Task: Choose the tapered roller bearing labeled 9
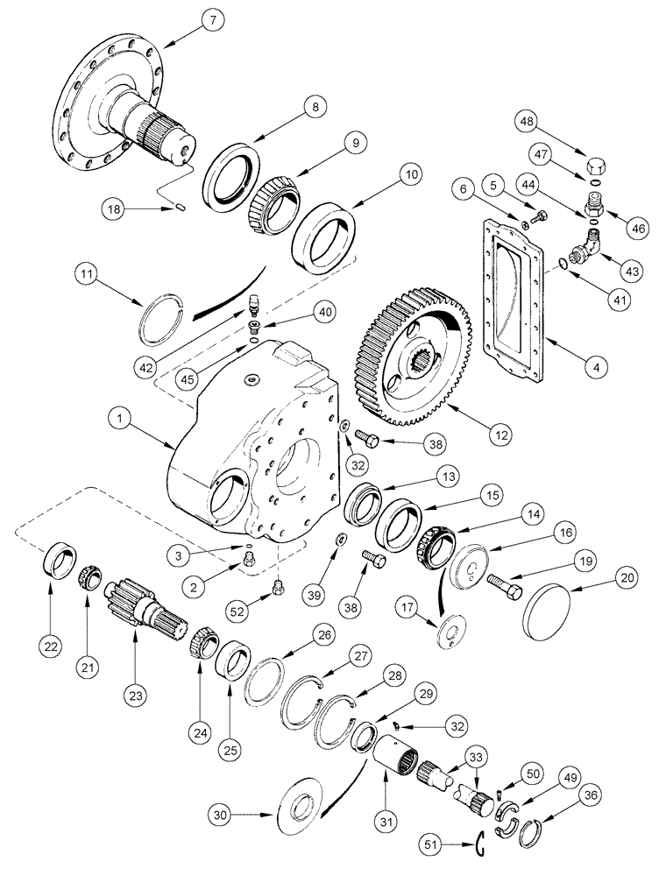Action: click(270, 209)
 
